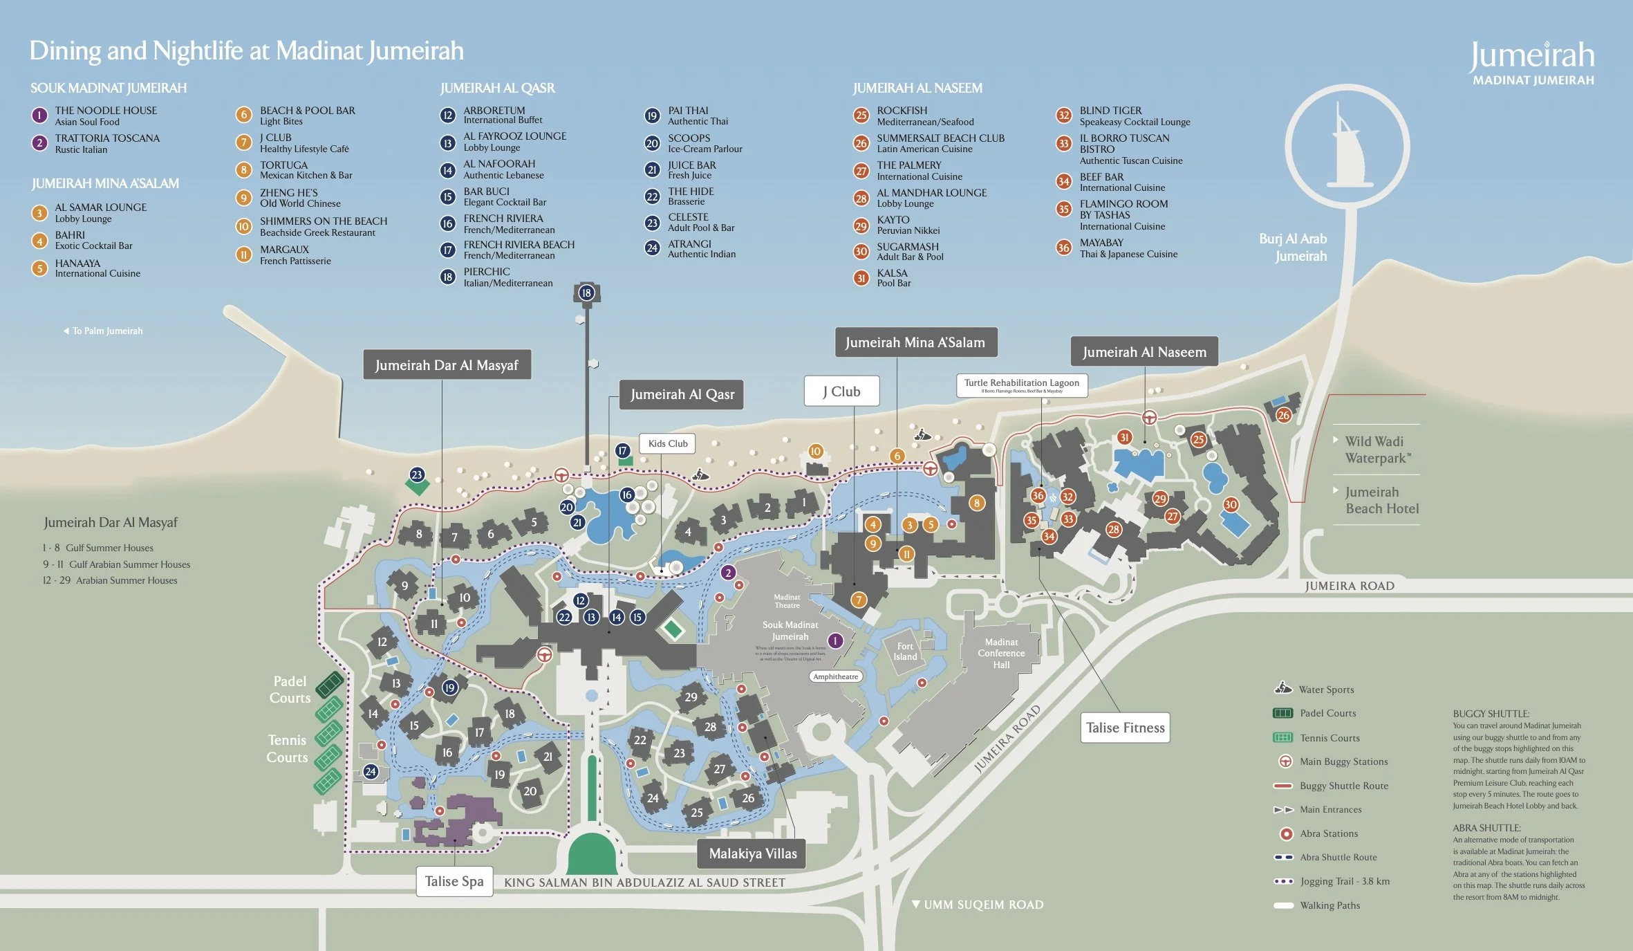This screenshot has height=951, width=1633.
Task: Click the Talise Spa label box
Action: (x=454, y=881)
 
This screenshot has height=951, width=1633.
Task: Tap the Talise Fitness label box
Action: (x=1125, y=728)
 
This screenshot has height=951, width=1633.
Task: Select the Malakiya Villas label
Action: (x=752, y=853)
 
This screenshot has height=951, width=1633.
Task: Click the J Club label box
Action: (x=841, y=391)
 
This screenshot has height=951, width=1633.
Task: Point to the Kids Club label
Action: (x=668, y=443)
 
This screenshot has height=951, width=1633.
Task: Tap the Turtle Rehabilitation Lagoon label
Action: (x=1021, y=385)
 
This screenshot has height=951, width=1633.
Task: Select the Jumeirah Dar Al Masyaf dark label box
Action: (x=447, y=365)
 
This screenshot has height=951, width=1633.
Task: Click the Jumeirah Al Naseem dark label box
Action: (x=1144, y=352)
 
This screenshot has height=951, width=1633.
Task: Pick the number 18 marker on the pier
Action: (x=586, y=293)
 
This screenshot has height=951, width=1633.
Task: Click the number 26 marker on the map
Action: (x=1283, y=415)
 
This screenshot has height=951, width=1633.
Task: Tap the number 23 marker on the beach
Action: (x=416, y=474)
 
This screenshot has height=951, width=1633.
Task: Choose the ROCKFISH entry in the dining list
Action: (x=902, y=111)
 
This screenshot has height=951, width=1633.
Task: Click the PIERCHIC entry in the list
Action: (x=487, y=272)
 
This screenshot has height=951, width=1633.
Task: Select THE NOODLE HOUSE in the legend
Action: (x=106, y=111)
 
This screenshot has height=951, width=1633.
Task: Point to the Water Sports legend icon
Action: (x=1283, y=688)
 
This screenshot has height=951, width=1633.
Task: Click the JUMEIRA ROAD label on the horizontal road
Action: (x=1349, y=586)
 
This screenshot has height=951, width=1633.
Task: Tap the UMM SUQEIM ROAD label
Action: (x=983, y=905)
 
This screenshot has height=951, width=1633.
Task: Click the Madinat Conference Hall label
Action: (x=1001, y=653)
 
